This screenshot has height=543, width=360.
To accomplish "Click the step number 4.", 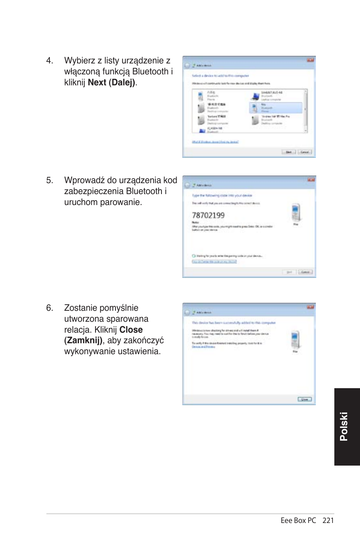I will tap(49, 61).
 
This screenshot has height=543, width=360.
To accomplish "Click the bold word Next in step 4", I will tap(97, 83).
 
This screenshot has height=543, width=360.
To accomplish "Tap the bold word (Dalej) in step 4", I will tap(122, 83).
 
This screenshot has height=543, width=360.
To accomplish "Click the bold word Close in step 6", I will tap(131, 330).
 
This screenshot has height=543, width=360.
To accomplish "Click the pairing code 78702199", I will tap(208, 216).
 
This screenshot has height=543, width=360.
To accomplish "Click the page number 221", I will tap(328, 520).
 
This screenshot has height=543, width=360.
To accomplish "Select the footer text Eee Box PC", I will tap(298, 520).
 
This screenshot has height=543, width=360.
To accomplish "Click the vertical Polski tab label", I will tap(343, 426).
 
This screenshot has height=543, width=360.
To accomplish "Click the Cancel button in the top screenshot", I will tap(305, 152).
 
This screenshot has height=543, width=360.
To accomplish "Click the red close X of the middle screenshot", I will tap(311, 180).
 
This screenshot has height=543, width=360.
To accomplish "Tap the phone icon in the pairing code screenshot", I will tap(295, 212).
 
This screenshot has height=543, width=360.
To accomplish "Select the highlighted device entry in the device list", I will tap(276, 108).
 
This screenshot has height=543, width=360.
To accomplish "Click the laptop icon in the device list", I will tap(255, 96).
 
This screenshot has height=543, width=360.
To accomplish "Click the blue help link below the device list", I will tap(215, 142).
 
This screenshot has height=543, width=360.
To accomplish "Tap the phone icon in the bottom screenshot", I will tap(295, 339).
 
